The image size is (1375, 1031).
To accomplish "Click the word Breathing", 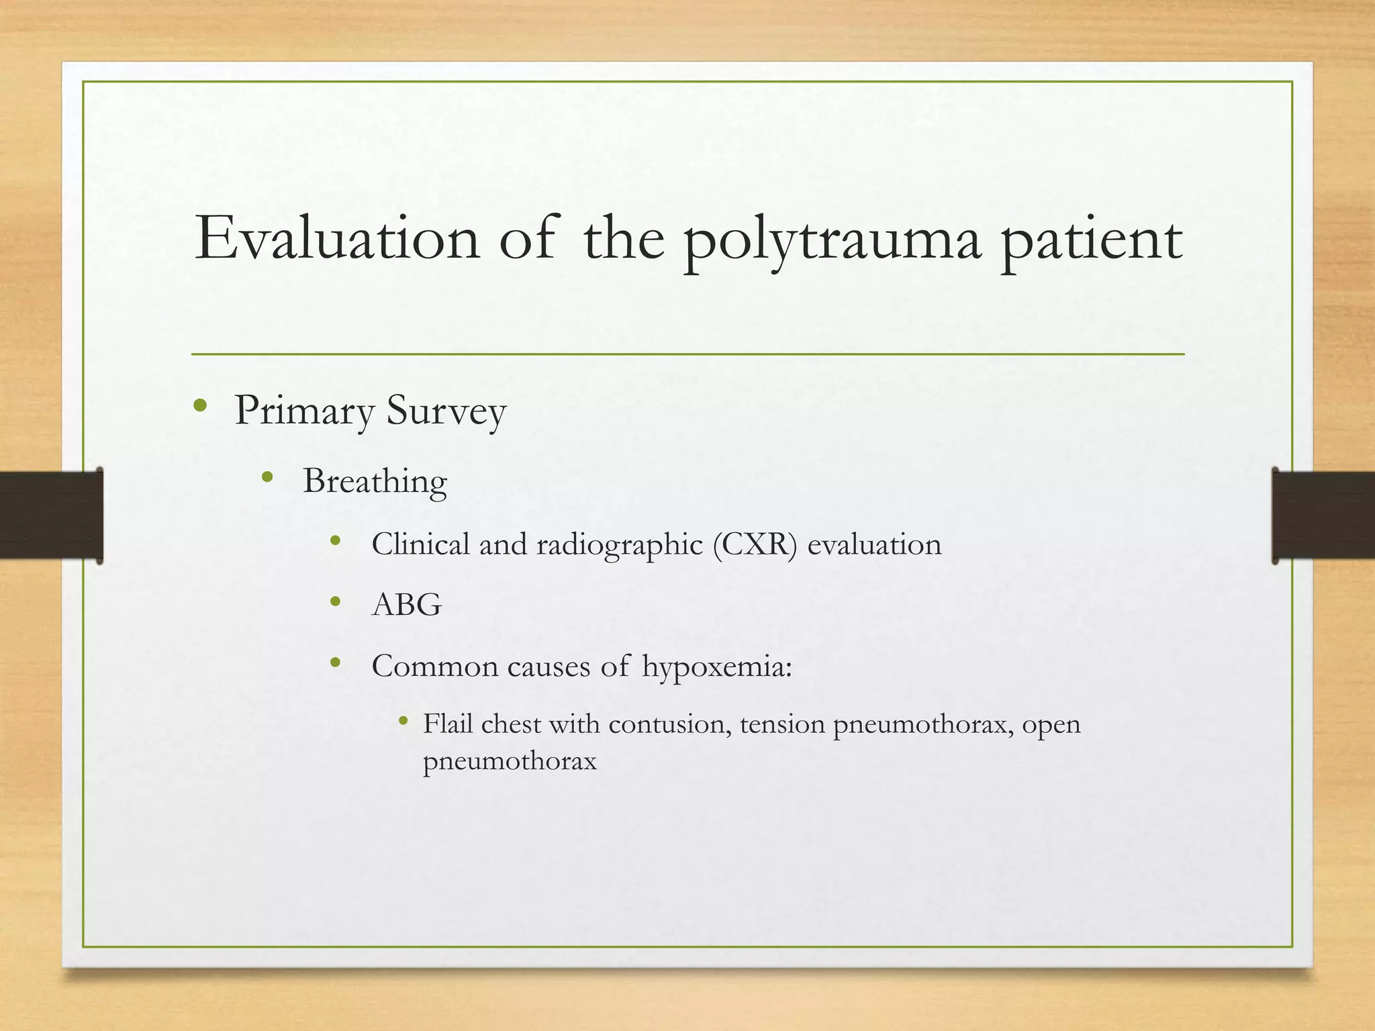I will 375,482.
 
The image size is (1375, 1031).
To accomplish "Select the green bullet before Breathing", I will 267,477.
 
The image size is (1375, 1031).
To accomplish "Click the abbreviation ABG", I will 407,605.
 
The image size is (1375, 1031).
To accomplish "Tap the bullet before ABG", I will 336,601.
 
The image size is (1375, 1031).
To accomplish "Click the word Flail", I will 448,724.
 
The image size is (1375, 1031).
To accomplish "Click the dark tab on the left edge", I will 51,515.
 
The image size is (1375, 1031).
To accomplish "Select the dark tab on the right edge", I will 1323,515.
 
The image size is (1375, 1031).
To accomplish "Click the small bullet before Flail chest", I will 403,722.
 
